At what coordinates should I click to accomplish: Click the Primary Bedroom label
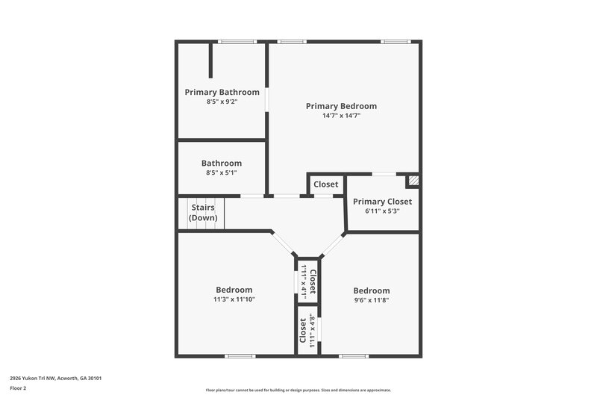pos(341,106)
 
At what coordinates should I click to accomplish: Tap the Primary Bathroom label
pos(222,92)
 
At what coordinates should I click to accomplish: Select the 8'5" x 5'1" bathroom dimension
pos(222,172)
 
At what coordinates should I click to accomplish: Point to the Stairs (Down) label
pos(204,212)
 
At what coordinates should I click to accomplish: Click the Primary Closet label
pos(382,202)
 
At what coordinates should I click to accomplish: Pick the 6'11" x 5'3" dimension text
pos(382,211)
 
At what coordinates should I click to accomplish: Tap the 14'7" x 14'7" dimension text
pos(341,116)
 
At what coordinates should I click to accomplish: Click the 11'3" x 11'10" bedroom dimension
pos(234,299)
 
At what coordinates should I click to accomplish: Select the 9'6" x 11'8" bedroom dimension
pos(371,300)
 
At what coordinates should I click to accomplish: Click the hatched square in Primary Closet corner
pos(413,180)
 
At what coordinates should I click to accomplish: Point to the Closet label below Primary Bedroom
pos(325,184)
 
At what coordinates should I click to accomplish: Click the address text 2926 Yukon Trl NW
pos(56,378)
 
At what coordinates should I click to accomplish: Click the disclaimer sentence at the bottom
pos(298,390)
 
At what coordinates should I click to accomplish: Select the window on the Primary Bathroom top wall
pos(232,41)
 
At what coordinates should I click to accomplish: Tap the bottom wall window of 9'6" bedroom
pos(354,355)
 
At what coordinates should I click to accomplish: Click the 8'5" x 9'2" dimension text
pos(222,102)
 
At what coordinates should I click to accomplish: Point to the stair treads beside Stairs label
pos(184,213)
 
